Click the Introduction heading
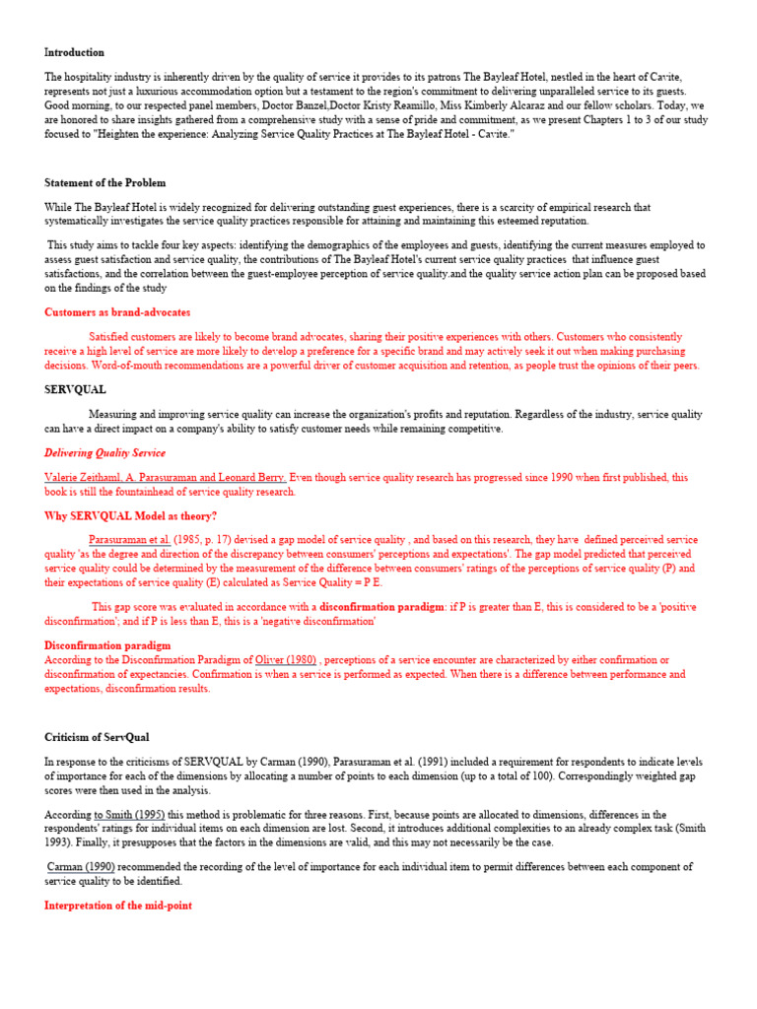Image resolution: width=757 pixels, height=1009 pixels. click(74, 52)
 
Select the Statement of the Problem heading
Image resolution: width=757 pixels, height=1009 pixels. click(105, 182)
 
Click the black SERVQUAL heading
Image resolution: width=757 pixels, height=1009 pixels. click(75, 389)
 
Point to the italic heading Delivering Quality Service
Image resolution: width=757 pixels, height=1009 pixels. click(104, 453)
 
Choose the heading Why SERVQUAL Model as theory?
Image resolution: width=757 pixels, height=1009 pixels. click(130, 515)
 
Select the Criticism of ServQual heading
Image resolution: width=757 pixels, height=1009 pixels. click(97, 737)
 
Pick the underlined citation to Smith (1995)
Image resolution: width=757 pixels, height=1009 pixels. click(131, 815)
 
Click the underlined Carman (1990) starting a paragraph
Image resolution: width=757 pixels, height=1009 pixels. click(82, 866)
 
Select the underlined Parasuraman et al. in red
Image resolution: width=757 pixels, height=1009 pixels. click(130, 540)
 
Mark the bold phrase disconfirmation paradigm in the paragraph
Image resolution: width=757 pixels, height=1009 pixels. click(381, 607)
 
